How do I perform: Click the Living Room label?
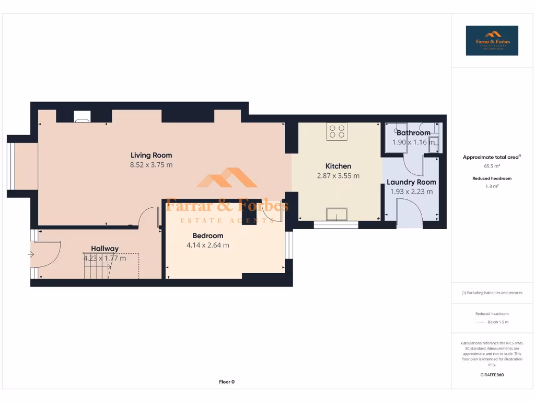click(x=151, y=155)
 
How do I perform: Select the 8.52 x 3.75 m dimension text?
click(x=151, y=165)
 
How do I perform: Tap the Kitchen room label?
click(x=338, y=166)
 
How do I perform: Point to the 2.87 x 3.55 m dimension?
click(x=338, y=176)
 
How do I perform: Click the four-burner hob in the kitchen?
click(x=338, y=131)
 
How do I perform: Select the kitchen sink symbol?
click(x=336, y=215)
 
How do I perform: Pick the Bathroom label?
click(x=413, y=133)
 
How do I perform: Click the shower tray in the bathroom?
click(x=395, y=138)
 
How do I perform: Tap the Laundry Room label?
click(x=411, y=182)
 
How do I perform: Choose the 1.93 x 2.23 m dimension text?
click(x=411, y=192)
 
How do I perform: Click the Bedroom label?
click(x=207, y=236)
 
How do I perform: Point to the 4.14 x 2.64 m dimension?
click(x=207, y=245)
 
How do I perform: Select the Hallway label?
click(x=104, y=249)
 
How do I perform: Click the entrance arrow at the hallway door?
click(x=31, y=254)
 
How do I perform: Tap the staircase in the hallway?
click(x=99, y=267)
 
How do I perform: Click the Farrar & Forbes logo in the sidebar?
click(x=492, y=41)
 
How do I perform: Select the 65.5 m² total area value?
click(x=492, y=166)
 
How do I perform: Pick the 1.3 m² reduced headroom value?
click(x=492, y=186)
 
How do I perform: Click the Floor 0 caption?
click(x=226, y=382)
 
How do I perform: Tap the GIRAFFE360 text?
click(x=492, y=375)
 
